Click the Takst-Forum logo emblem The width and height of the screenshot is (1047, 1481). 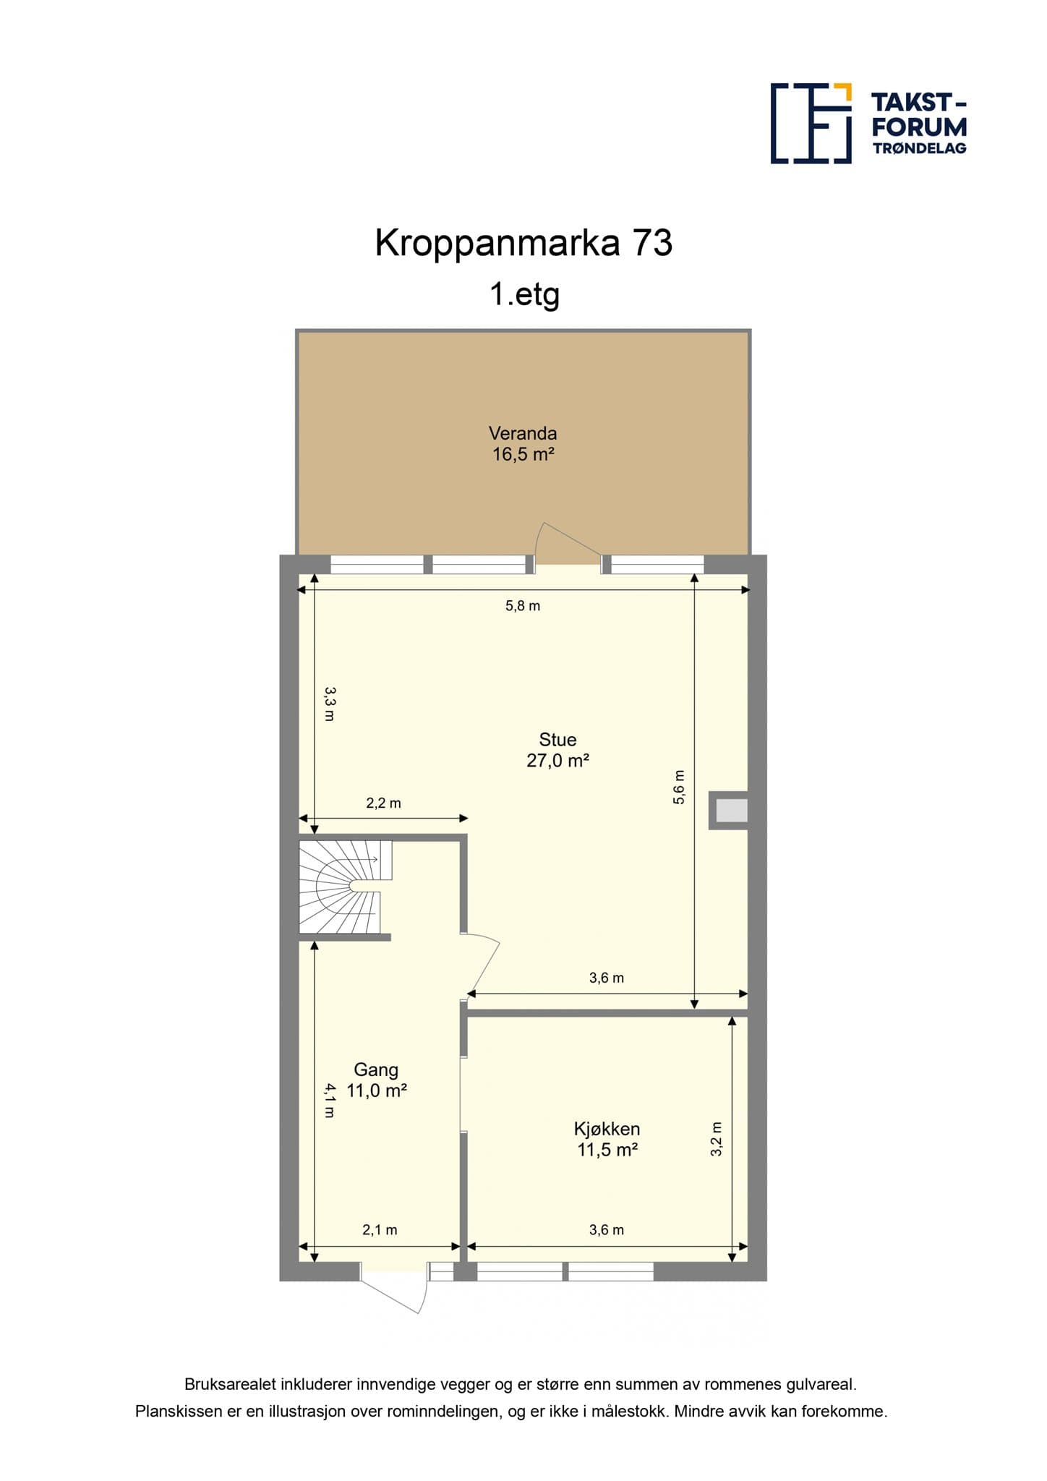pyautogui.click(x=811, y=123)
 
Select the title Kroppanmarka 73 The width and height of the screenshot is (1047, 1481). pyautogui.click(x=523, y=243)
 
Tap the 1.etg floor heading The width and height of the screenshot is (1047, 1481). pyautogui.click(x=525, y=295)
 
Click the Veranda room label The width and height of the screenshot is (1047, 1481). pyautogui.click(x=523, y=433)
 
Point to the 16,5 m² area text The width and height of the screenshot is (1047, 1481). pyautogui.click(x=523, y=454)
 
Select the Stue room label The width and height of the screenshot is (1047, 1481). pyautogui.click(x=557, y=739)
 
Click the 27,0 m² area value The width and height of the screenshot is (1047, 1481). pyautogui.click(x=557, y=760)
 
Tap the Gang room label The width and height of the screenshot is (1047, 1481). pyautogui.click(x=376, y=1070)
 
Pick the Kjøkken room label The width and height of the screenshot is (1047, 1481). pyautogui.click(x=607, y=1129)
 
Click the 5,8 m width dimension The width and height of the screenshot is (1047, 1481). pyautogui.click(x=523, y=606)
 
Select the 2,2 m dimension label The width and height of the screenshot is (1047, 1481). pyautogui.click(x=383, y=803)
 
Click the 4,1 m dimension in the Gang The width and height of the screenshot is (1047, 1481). pyautogui.click(x=330, y=1100)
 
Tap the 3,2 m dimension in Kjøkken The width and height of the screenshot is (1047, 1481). pyautogui.click(x=717, y=1139)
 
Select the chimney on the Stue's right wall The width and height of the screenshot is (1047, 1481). pyautogui.click(x=728, y=810)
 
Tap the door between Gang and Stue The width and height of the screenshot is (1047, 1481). pyautogui.click(x=482, y=963)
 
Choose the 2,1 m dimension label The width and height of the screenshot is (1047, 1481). pyautogui.click(x=380, y=1229)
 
